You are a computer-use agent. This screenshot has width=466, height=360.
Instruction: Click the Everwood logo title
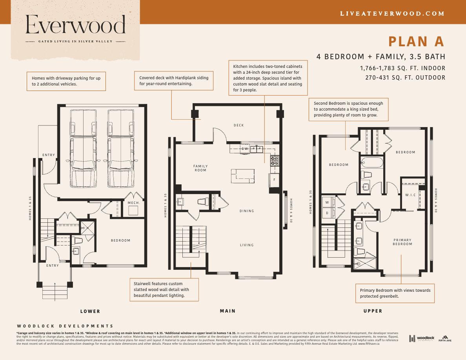pos(76,25)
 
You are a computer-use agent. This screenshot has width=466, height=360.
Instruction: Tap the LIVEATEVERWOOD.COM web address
pos(392,13)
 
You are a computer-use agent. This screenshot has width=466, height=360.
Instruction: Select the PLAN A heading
pos(416,41)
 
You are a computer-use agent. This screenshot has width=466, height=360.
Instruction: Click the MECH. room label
pos(133,203)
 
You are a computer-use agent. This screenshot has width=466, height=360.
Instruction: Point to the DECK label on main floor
pos(238,125)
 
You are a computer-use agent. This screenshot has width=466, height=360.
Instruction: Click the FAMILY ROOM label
pos(200,168)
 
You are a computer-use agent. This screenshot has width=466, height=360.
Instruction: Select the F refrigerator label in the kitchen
pos(275,180)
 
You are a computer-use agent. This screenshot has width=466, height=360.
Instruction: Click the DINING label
pos(247,211)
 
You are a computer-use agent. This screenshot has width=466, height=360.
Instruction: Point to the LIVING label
pos(247,245)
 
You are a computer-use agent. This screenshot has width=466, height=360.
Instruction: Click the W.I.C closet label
pos(411,195)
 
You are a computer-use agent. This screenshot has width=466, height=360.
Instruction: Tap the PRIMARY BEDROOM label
pos(402,242)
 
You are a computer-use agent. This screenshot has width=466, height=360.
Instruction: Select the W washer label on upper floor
pos(327,202)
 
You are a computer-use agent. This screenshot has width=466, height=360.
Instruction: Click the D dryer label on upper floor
pos(327,213)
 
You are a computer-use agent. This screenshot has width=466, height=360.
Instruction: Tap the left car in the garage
pos(83,149)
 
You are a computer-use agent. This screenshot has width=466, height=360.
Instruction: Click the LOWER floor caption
pos(90,311)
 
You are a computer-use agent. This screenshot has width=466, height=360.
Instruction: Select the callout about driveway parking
pos(66,81)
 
